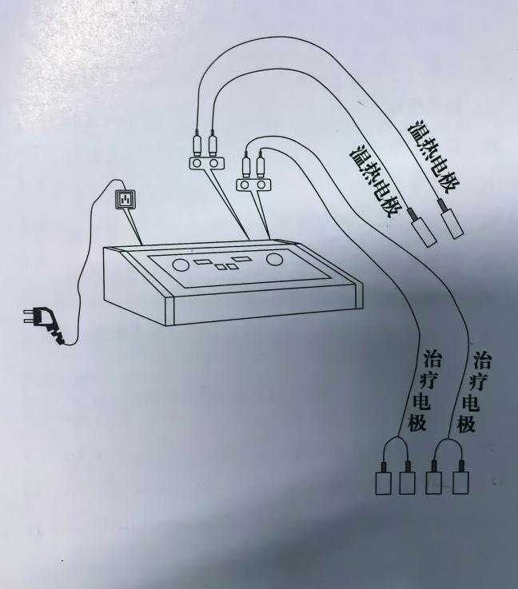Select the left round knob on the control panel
pyautogui.click(x=181, y=265)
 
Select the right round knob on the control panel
pyautogui.click(x=275, y=259)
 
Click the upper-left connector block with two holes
pyautogui.click(x=205, y=163)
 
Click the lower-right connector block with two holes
pyautogui.click(x=253, y=185)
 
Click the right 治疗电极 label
pyautogui.click(x=472, y=392)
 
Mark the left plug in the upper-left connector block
pyautogui.click(x=197, y=145)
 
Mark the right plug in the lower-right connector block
pyautogui.click(x=261, y=167)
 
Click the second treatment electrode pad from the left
pyautogui.click(x=408, y=482)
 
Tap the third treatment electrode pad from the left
pyautogui.click(x=435, y=482)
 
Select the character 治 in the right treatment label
pyautogui.click(x=481, y=357)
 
